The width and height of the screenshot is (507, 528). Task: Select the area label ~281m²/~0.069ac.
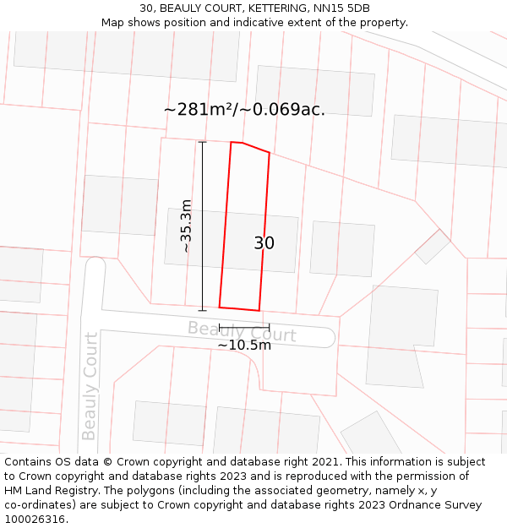[244, 110]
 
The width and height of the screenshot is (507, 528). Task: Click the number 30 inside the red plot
[264, 243]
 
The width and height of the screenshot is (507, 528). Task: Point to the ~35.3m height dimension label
[187, 226]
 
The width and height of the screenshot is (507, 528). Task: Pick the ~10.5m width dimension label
[244, 345]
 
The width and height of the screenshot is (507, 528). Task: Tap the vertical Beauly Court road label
[90, 386]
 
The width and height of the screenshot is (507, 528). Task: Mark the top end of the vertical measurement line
[202, 142]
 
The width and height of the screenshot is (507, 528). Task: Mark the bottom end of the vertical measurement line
[202, 310]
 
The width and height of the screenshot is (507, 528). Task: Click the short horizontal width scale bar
[244, 327]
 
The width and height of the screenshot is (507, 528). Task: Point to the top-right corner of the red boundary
[270, 153]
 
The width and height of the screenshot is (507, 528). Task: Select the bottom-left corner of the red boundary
[220, 306]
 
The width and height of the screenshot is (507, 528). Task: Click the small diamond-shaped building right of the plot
[433, 247]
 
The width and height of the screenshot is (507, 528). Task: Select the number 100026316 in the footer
[34, 520]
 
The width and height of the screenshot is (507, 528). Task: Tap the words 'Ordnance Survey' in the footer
[433, 505]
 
